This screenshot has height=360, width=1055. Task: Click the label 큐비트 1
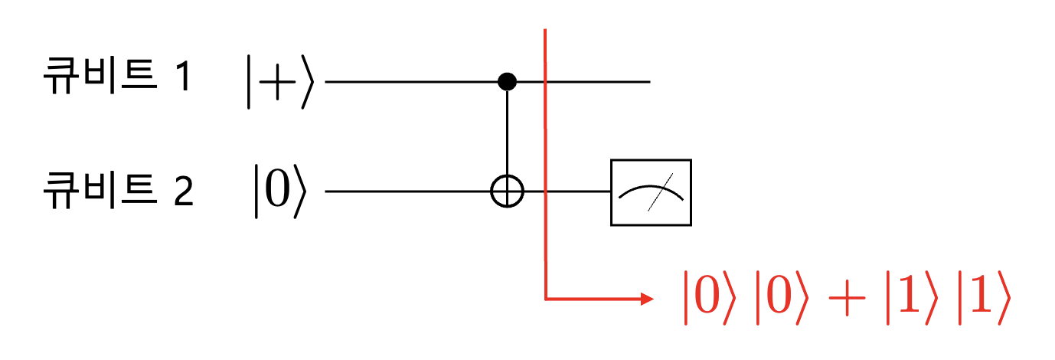pos(117,75)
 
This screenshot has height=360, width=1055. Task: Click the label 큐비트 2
pos(118,190)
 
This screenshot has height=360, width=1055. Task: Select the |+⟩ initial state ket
pos(280,82)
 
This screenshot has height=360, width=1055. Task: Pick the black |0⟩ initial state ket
pos(280,191)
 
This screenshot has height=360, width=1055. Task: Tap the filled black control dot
pos(508,81)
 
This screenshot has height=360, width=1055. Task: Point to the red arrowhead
pos(647,299)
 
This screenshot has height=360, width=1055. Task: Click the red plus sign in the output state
pos(847,298)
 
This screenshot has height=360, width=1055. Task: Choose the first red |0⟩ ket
pos(710,298)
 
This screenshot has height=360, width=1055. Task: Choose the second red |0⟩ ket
pos(782,298)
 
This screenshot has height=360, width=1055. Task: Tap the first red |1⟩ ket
pos(912,298)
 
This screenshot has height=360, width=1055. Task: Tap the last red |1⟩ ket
pos(985,298)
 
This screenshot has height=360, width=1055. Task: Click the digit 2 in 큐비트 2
pos(185,191)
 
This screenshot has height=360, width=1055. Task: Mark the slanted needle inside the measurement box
pos(660,192)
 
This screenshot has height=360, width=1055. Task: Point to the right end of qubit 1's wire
pos(650,82)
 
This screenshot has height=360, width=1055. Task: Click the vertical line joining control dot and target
pos(508,133)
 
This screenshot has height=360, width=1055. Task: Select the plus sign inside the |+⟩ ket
pos(277,82)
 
